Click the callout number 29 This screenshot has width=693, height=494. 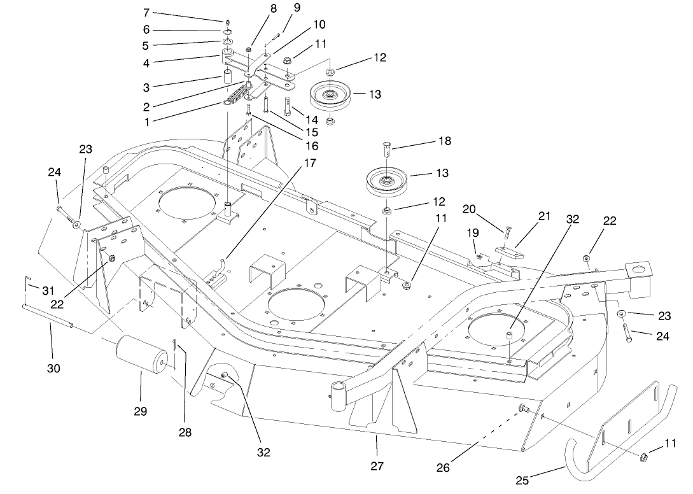(140, 412)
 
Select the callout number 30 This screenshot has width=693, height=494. (54, 367)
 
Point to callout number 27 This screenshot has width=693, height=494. (377, 466)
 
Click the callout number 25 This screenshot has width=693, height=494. (522, 481)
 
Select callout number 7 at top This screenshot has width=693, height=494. (146, 12)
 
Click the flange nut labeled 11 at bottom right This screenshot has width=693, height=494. (643, 456)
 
